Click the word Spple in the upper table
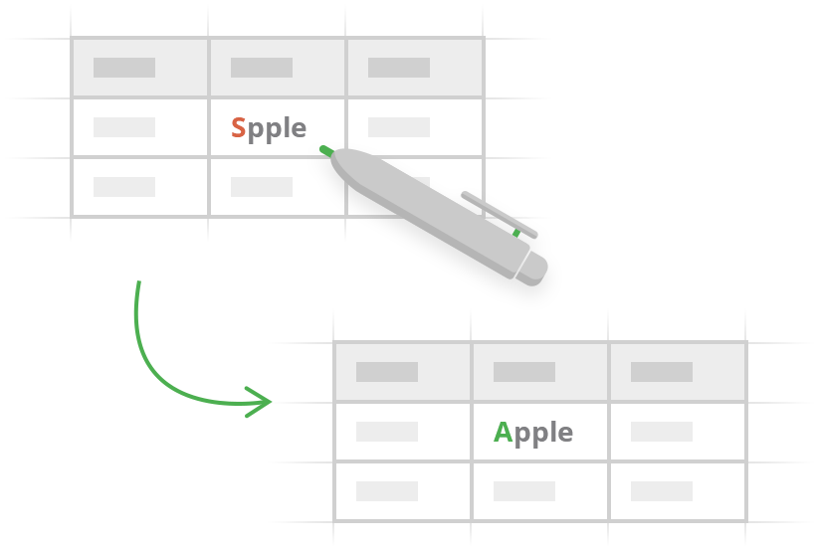click(x=269, y=128)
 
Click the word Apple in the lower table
click(x=533, y=433)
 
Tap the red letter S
click(x=238, y=128)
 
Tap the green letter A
click(x=503, y=433)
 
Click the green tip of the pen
click(x=325, y=150)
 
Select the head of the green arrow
click(x=260, y=401)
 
